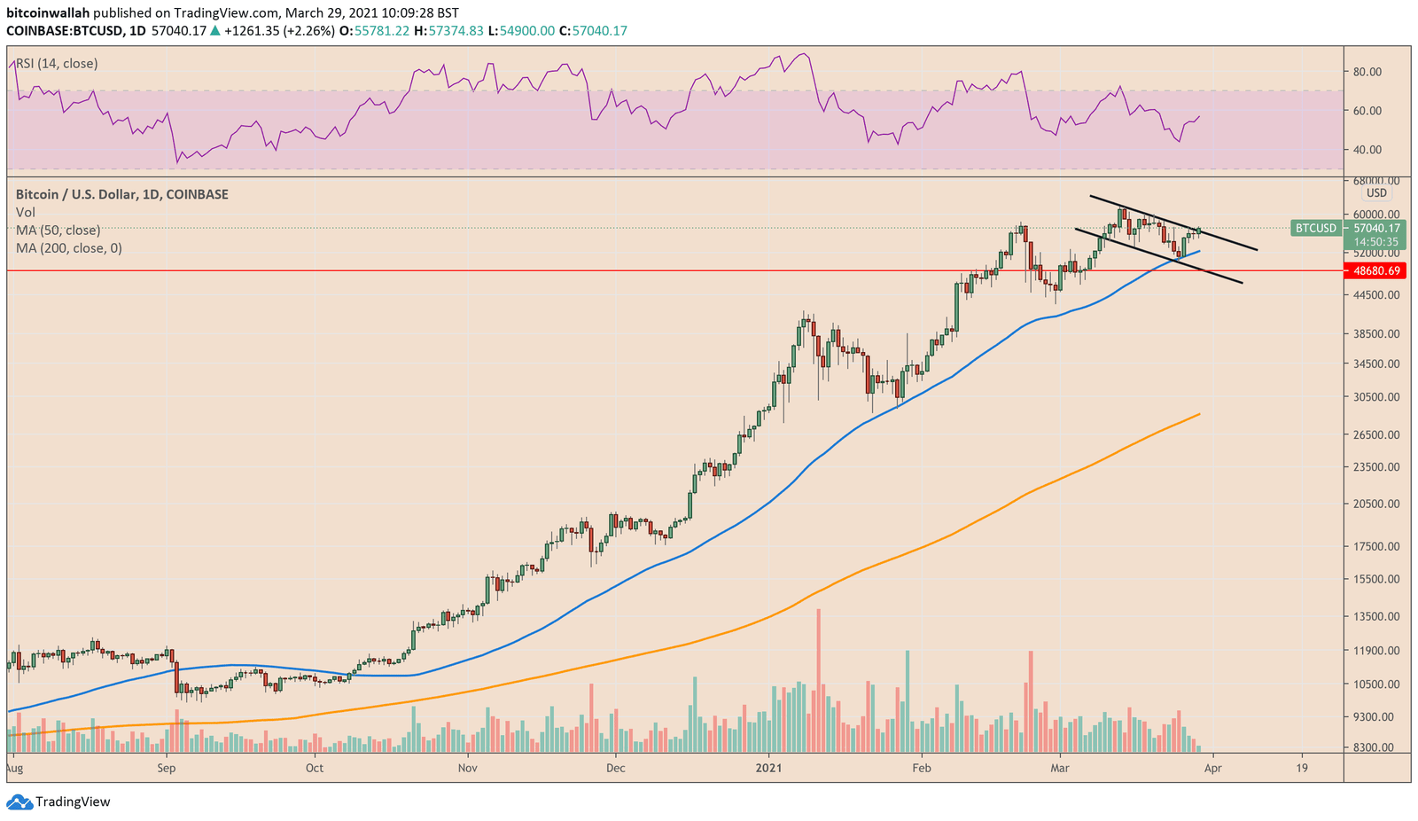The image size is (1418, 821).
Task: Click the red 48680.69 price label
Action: [1375, 270]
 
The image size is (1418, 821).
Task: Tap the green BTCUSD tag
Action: [1315, 228]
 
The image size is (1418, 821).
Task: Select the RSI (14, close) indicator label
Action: [57, 64]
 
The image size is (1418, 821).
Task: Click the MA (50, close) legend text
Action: [58, 231]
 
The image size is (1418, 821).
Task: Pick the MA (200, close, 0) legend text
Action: [68, 248]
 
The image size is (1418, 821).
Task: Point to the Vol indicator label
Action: [26, 213]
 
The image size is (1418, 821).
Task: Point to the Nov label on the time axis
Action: [468, 768]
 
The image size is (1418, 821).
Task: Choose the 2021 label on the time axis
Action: [768, 768]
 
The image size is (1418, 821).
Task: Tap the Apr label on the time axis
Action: [1212, 768]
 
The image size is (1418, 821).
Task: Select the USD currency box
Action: [1376, 193]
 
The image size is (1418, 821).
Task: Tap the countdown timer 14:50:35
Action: [1375, 242]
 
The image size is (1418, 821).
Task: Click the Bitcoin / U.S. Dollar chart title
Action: [121, 194]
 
